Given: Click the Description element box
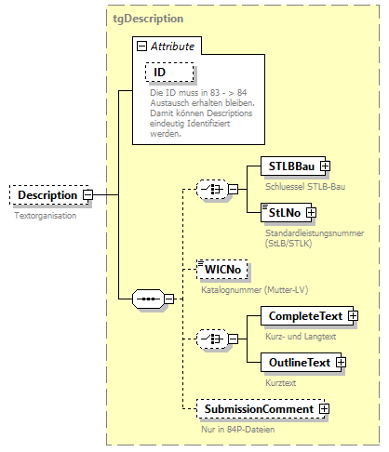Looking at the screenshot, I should click(x=47, y=195).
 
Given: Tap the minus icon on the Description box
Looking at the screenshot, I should click(x=87, y=195).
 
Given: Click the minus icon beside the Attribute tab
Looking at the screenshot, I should click(x=141, y=45).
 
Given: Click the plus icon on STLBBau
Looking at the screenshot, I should click(x=325, y=166).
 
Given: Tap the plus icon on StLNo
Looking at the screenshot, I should click(x=311, y=213).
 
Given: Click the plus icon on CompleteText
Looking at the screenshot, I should click(x=353, y=317).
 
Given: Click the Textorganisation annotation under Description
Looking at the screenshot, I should click(x=45, y=215).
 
